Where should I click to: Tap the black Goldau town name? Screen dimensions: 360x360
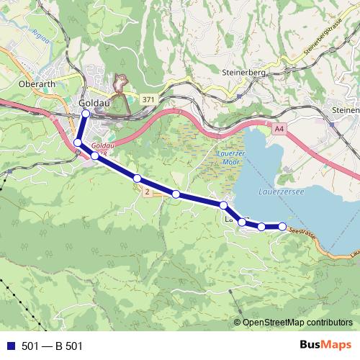pos(93,103)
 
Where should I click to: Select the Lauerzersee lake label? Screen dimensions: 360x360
pos(281,192)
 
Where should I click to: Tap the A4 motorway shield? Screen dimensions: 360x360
pos(279,127)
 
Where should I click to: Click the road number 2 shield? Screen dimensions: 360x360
pos(146,192)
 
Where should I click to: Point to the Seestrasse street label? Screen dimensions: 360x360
pos(303,232)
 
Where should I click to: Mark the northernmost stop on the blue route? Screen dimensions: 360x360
pos(86,113)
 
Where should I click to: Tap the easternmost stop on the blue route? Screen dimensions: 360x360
pos(282,227)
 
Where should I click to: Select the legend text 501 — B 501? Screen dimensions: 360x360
pos(53,346)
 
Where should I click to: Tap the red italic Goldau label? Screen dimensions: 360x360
pos(104,145)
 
